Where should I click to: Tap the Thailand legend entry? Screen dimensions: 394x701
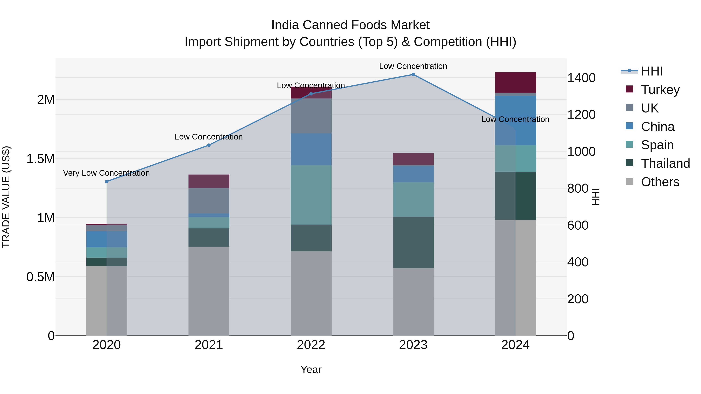pos(665,163)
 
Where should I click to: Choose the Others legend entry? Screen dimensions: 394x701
pos(660,182)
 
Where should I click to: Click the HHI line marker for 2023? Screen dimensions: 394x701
pos(413,75)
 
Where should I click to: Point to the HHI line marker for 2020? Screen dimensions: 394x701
pos(107,182)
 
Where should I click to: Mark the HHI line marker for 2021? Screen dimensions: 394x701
pos(209,145)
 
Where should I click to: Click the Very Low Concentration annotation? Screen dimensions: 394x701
pos(106,173)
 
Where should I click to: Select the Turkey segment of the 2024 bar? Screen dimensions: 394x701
pos(515,83)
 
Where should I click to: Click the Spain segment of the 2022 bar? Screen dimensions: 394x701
pos(311,195)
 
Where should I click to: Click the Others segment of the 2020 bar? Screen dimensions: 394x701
pos(107,300)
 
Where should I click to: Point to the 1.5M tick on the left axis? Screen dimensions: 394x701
pos(40,159)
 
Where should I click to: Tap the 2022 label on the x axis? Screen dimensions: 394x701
pos(311,345)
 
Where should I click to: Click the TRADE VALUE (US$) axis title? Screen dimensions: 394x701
pos(6,197)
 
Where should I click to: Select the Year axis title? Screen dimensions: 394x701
pos(311,369)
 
